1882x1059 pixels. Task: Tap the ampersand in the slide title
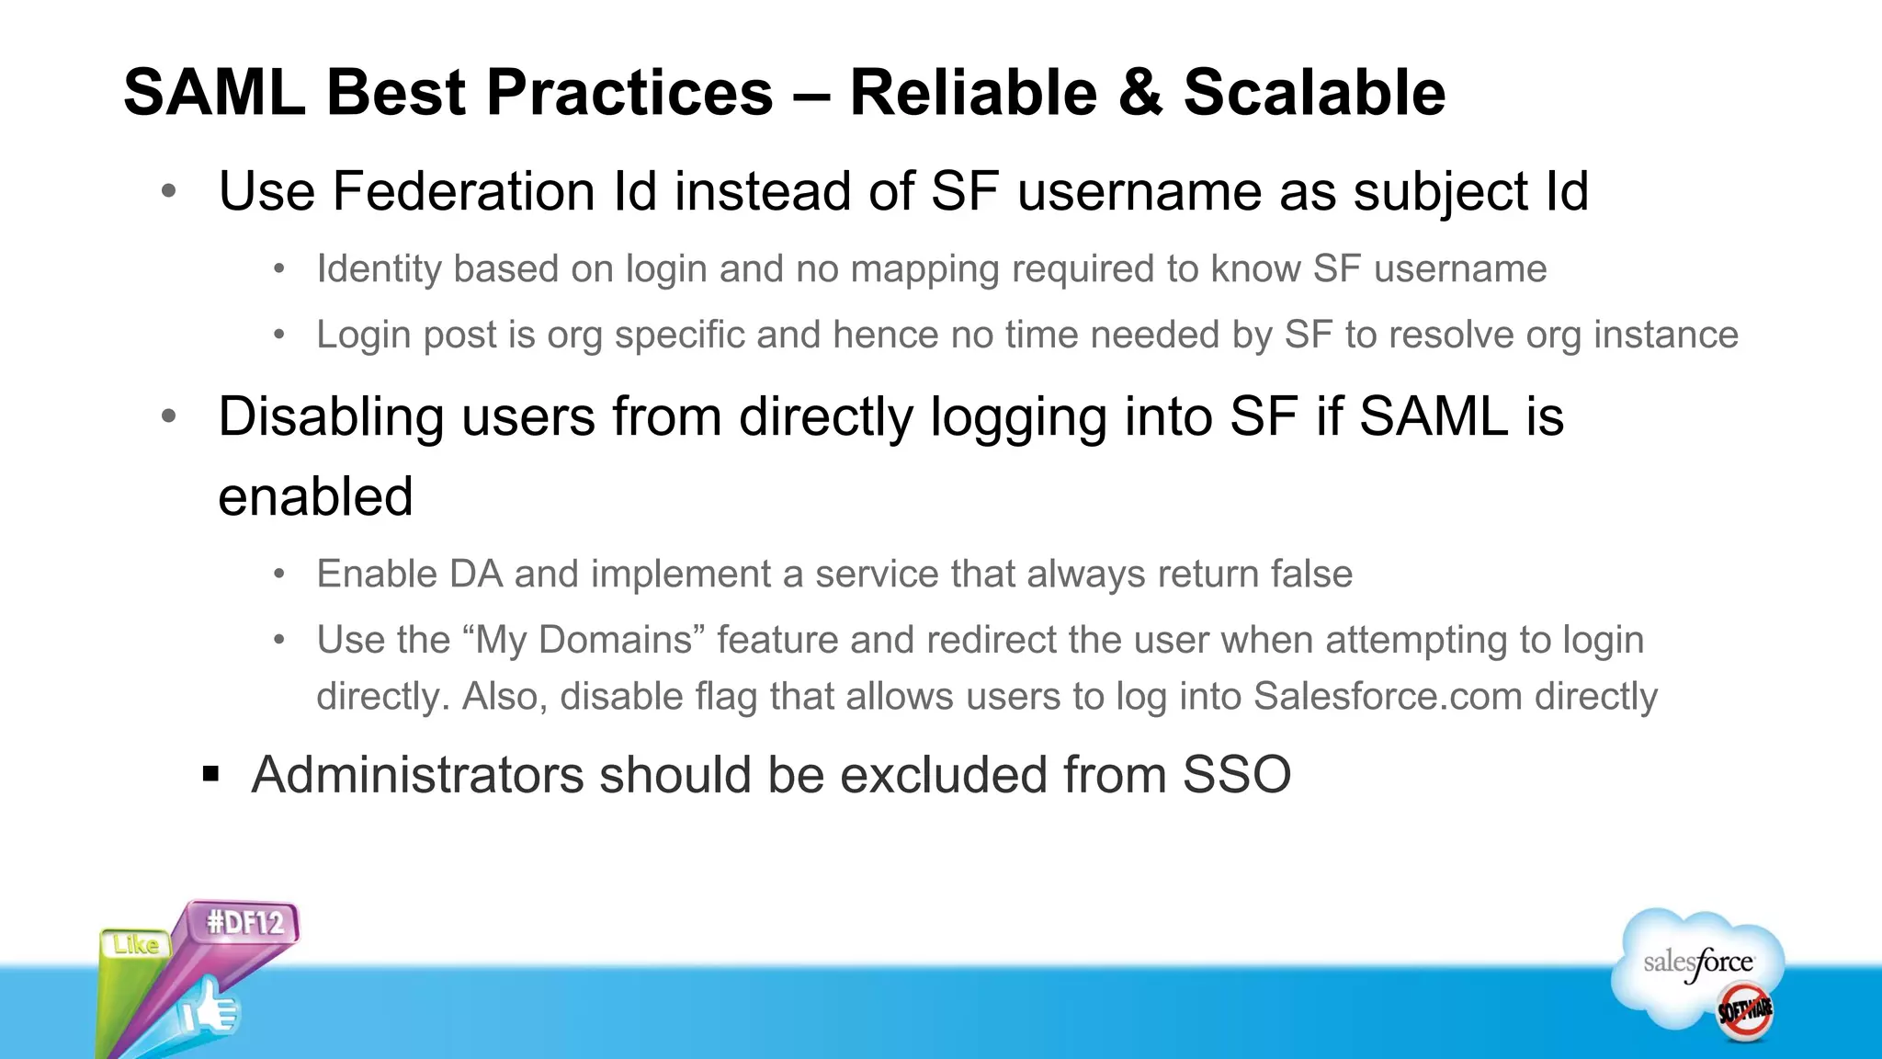pyautogui.click(x=1139, y=93)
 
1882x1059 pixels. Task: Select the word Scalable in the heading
pyautogui.click(x=1314, y=93)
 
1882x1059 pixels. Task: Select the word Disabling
pyautogui.click(x=332, y=416)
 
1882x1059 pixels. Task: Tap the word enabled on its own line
pyautogui.click(x=315, y=496)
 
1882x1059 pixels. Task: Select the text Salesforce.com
pyautogui.click(x=1388, y=697)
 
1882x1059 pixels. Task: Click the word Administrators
pyautogui.click(x=417, y=775)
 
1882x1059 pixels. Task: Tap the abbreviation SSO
pyautogui.click(x=1236, y=775)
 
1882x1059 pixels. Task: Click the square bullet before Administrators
pyautogui.click(x=211, y=774)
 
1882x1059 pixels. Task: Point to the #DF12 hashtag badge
pyautogui.click(x=245, y=922)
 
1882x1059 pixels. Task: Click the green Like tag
pyautogui.click(x=136, y=945)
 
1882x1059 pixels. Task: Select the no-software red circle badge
pyautogui.click(x=1744, y=1011)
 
